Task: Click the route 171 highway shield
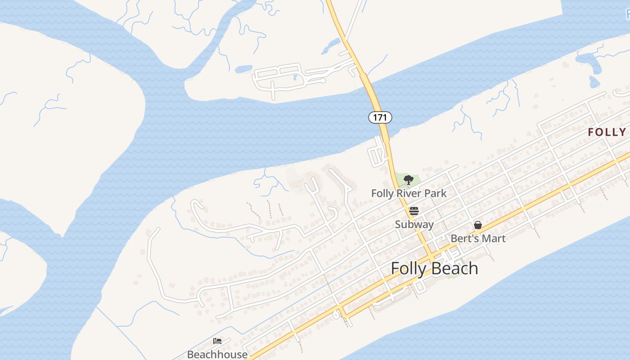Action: click(x=380, y=117)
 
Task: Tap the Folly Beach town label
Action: click(x=434, y=268)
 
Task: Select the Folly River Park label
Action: click(x=409, y=193)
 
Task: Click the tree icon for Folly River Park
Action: click(x=408, y=180)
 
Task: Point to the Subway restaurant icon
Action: click(x=414, y=211)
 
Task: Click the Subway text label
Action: click(x=414, y=224)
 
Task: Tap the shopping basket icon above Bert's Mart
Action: click(x=478, y=225)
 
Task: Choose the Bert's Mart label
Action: click(x=478, y=238)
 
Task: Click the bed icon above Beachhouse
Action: click(x=217, y=341)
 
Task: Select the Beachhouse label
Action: click(x=217, y=354)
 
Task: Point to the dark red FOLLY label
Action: click(x=607, y=132)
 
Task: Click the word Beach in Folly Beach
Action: click(x=455, y=268)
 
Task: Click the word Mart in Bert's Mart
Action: click(x=495, y=238)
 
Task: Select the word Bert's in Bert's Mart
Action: click(x=465, y=238)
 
